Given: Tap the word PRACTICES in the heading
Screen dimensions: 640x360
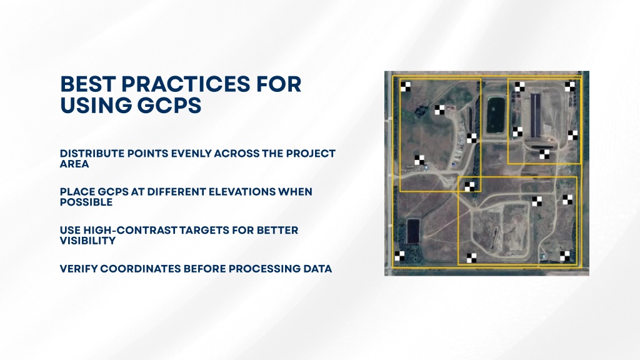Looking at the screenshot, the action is [x=185, y=84].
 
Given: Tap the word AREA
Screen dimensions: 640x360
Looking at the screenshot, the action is [x=74, y=164].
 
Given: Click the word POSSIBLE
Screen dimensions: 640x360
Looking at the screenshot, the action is [x=86, y=202].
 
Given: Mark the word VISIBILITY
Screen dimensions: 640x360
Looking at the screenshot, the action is [x=87, y=241].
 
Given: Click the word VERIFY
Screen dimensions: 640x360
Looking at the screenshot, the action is [x=79, y=269].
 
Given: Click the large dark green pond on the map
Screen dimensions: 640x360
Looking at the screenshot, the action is [x=496, y=115].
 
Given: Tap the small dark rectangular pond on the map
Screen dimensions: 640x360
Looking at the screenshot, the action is [x=413, y=231].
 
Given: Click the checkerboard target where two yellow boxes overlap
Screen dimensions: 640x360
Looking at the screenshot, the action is [x=470, y=186].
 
